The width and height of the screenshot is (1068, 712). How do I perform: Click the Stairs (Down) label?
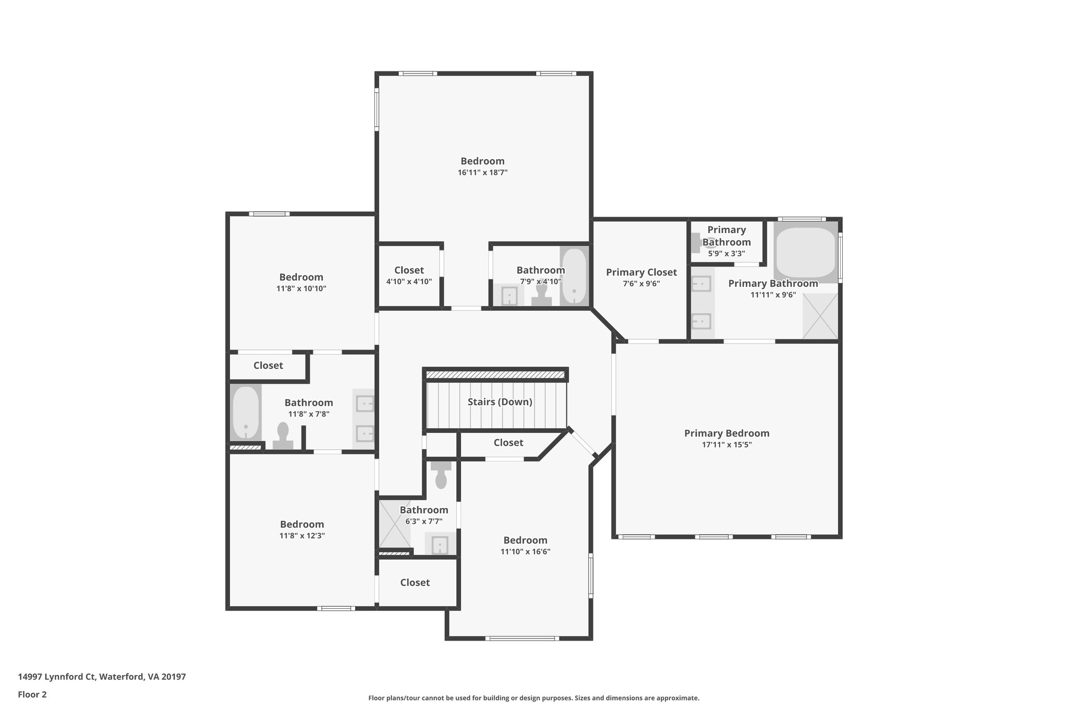click(500, 402)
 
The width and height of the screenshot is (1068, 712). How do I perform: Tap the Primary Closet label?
click(641, 272)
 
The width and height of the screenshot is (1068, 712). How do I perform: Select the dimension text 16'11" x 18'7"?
click(482, 173)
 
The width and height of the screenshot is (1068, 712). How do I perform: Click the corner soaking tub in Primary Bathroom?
click(805, 252)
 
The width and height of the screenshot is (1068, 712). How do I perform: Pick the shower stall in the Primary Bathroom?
click(820, 316)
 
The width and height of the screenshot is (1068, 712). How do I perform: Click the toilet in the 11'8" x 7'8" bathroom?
click(283, 436)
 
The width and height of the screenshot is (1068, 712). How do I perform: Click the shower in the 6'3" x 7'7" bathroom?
click(394, 524)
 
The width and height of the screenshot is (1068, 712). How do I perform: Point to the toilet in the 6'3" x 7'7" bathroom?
click(441, 474)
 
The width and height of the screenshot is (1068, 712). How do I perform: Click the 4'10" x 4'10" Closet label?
click(409, 270)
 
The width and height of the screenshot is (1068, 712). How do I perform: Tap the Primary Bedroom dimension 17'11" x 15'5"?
click(726, 445)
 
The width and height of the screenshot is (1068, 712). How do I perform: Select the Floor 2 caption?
click(32, 694)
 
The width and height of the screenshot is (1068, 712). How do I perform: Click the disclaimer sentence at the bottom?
click(533, 698)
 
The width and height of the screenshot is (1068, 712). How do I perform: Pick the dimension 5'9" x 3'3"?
click(726, 254)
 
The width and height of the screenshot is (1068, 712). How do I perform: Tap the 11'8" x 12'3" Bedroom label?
click(302, 525)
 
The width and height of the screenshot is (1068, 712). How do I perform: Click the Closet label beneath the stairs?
click(508, 443)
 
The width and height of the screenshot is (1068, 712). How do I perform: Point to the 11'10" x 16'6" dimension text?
click(525, 552)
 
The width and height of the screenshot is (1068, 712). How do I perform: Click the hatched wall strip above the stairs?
click(495, 375)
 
